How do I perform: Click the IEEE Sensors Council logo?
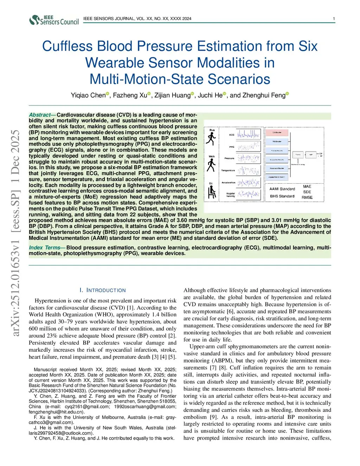click(54, 20)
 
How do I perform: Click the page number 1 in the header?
click(334, 19)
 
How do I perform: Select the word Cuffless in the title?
click(67, 46)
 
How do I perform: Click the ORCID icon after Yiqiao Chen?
click(108, 94)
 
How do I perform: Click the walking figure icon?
click(211, 165)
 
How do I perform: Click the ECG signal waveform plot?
click(248, 134)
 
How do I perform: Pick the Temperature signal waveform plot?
click(248, 171)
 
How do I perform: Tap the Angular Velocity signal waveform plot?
click(248, 194)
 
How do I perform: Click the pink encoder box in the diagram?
click(277, 133)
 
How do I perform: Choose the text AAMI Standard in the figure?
click(282, 189)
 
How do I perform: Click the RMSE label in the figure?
click(307, 197)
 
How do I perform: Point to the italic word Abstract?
click(40, 115)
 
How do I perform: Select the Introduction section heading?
click(103, 290)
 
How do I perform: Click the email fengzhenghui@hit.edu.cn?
click(56, 412)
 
